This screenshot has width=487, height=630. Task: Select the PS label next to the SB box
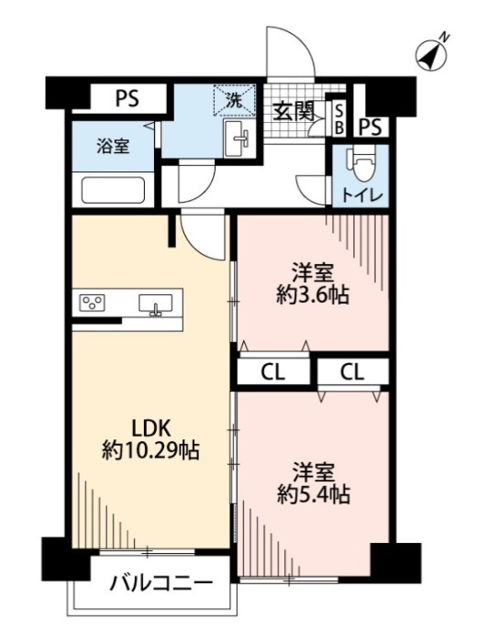pos(371,126)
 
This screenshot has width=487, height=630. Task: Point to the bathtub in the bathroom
pos(114,191)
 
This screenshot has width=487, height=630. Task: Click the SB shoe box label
pos(338,117)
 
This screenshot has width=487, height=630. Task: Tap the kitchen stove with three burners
pos(94,303)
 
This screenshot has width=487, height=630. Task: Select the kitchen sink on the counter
pos(155,304)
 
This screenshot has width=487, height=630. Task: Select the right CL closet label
pos(353,371)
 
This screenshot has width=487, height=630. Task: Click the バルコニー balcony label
pos(161,583)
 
